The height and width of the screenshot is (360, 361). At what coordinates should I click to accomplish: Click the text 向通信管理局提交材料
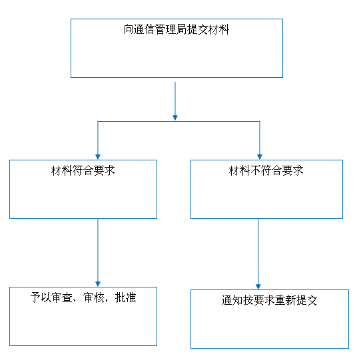click(177, 30)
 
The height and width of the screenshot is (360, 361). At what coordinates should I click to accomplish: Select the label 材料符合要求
click(83, 170)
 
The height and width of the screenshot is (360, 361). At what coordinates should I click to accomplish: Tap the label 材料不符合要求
click(266, 170)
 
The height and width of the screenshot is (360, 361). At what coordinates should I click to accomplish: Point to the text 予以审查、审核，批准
click(83, 297)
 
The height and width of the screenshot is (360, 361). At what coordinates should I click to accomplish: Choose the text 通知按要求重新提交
click(269, 300)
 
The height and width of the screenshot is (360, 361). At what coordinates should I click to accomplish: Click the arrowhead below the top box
click(175, 118)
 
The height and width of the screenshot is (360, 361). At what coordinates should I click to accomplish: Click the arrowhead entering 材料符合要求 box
click(98, 157)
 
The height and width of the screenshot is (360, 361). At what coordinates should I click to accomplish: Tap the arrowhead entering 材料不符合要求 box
click(260, 157)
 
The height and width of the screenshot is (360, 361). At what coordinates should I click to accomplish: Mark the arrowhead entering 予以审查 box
click(98, 284)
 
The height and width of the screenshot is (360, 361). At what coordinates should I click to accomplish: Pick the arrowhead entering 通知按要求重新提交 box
click(258, 287)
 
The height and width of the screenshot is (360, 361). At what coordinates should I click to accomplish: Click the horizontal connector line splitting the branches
click(179, 121)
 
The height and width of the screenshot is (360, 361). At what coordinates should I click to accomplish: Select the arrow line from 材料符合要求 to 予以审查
click(98, 253)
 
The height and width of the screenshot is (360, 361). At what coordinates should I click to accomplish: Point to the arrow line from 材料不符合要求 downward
click(258, 254)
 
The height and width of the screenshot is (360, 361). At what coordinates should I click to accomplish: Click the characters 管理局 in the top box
click(171, 30)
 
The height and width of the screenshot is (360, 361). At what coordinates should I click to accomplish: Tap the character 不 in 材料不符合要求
click(255, 170)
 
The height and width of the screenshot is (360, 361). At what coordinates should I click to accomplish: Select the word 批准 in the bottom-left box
click(125, 297)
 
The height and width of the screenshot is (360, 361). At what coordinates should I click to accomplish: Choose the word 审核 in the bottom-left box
click(94, 297)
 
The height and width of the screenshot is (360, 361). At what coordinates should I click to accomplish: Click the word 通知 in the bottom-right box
click(232, 300)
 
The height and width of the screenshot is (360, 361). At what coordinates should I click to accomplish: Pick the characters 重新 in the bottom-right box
click(285, 300)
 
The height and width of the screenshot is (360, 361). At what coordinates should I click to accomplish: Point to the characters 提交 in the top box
click(198, 30)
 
